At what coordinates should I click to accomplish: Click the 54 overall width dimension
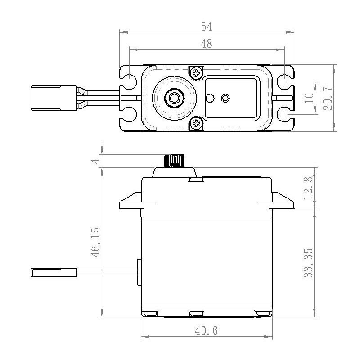[x=206, y=27]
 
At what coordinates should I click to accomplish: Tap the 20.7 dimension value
[x=328, y=98]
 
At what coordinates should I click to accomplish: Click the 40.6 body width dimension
[x=206, y=331]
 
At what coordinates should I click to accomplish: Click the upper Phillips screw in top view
[x=196, y=72]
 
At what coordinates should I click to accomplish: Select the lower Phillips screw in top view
[x=196, y=123]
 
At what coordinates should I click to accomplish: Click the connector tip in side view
[x=54, y=272]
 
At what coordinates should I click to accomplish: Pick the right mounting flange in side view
[x=283, y=202]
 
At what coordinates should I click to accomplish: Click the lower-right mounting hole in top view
[x=285, y=115]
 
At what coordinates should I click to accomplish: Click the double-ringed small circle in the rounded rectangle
[x=225, y=98]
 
